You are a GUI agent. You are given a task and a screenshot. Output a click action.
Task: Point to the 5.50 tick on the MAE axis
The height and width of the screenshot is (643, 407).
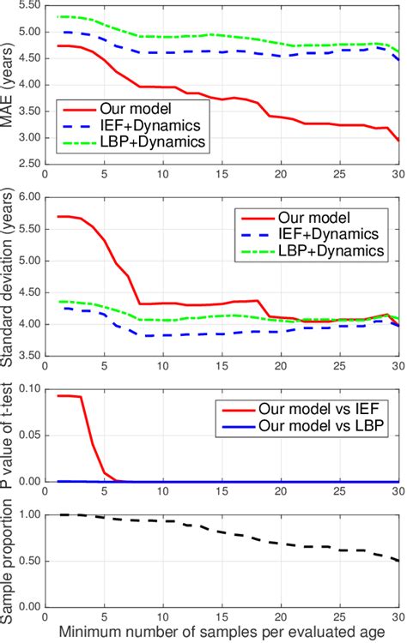click(27, 6)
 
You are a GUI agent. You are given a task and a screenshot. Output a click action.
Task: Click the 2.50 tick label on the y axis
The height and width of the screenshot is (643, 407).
click(27, 164)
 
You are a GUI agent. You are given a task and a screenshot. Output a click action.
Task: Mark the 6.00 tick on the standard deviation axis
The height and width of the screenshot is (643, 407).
click(27, 196)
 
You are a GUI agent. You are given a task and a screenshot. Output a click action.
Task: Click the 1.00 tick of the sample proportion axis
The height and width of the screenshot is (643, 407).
click(27, 514)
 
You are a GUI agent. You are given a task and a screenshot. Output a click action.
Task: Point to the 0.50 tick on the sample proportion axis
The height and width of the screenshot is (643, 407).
click(27, 561)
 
